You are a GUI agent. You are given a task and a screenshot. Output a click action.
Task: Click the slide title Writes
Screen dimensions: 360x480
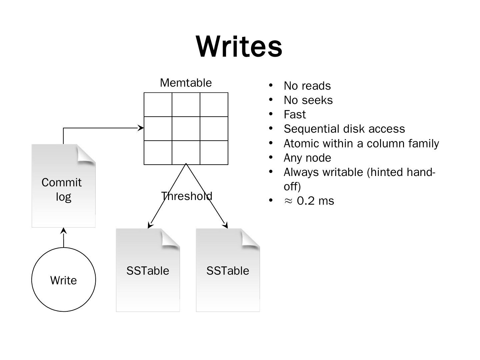point(239,47)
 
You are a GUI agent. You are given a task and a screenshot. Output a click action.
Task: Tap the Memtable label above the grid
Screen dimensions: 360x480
point(186,83)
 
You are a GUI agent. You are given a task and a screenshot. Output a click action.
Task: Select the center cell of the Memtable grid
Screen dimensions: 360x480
point(186,129)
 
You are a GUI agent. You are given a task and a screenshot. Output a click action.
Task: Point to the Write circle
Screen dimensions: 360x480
point(63,280)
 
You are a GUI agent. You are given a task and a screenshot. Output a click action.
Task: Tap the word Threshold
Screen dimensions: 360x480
point(186,196)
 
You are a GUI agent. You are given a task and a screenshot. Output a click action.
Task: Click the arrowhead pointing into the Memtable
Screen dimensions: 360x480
point(141,128)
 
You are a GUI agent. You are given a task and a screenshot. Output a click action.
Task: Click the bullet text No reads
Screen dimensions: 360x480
point(307,86)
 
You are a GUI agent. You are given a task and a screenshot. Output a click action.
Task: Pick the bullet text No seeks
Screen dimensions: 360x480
point(308,100)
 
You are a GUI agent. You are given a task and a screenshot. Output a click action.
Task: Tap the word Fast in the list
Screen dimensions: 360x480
point(295,115)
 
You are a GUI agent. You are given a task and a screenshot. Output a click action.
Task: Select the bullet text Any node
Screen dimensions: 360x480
point(307,158)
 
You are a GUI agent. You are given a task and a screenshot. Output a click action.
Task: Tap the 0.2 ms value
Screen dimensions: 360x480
point(315,201)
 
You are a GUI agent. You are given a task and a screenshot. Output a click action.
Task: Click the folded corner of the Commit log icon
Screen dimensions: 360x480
point(86,154)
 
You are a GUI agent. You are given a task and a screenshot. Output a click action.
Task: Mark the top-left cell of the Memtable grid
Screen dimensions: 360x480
point(158,105)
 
